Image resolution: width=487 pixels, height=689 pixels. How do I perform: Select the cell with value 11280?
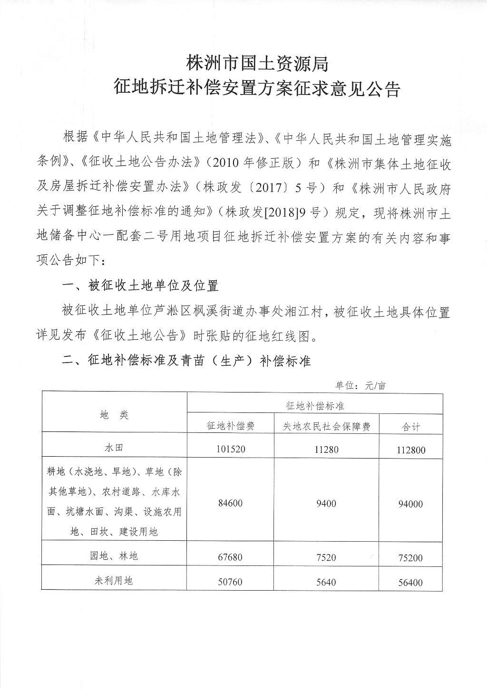(x=326, y=449)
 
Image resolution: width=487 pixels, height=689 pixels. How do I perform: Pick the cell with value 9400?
(x=326, y=503)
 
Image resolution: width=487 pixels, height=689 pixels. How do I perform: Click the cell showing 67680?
(x=231, y=557)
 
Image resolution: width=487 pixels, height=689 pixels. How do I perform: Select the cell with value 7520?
(x=326, y=557)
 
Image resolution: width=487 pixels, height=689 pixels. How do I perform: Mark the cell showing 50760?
(x=231, y=581)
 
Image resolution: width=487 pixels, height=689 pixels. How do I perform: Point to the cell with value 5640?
(x=326, y=581)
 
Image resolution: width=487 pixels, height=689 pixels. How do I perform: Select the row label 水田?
(x=114, y=448)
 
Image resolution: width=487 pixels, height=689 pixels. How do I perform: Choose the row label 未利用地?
(x=114, y=580)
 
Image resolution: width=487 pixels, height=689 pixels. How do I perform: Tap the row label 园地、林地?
(x=114, y=555)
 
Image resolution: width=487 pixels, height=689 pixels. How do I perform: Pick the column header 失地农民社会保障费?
(x=326, y=426)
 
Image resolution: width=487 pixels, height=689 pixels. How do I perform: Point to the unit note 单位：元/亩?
(x=360, y=385)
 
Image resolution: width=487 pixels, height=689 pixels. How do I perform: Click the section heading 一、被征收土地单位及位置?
(x=141, y=286)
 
